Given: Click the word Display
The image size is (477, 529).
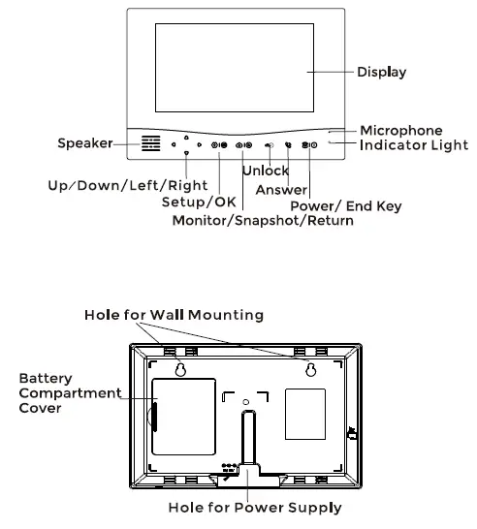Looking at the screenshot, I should point(381,72).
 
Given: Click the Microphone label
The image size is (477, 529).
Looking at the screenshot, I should point(400,130).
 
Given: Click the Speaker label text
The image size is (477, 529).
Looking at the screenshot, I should point(84,144).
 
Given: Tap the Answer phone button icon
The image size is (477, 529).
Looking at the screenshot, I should point(288,145).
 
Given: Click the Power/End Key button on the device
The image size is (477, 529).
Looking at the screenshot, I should point(308,145).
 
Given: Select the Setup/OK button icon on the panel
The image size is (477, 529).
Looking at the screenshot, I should point(219,145).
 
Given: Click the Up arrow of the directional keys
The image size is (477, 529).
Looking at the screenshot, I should point(185,137).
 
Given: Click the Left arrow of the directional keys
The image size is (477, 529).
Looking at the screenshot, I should point(175,145).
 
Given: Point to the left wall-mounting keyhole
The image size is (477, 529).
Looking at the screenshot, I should point(180,370).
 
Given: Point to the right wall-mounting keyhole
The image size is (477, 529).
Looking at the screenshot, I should point(311,370).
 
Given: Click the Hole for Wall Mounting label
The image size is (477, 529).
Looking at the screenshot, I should point(173,315).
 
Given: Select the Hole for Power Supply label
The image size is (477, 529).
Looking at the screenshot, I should point(240,507).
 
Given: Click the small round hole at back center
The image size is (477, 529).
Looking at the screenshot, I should point(246,400).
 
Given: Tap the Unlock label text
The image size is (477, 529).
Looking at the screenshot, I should point(265,171).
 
